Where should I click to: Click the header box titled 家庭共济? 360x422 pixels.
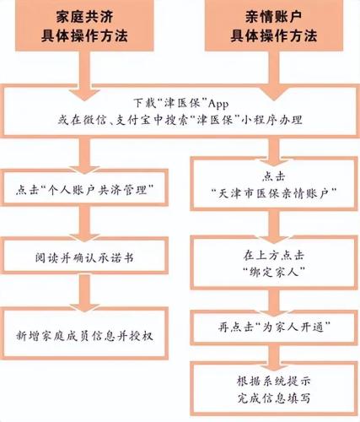click(x=84, y=25)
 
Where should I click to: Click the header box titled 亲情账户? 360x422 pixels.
click(x=274, y=25)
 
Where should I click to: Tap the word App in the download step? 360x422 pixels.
click(x=218, y=104)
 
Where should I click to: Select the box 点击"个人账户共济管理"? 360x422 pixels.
click(x=84, y=187)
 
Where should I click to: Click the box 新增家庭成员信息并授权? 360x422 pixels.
click(x=84, y=333)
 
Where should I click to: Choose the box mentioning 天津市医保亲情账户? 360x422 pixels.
click(x=274, y=184)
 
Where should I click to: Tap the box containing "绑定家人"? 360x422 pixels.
click(x=274, y=262)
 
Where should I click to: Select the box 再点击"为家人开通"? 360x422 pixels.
click(x=274, y=327)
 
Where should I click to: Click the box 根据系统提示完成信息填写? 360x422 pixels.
click(x=274, y=389)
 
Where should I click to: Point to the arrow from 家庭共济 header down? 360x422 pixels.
click(x=84, y=76)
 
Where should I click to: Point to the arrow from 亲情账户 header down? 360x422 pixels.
click(x=274, y=76)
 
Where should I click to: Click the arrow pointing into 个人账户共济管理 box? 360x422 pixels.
click(x=84, y=155)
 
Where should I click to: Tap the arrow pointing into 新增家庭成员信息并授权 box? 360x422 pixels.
click(x=84, y=293)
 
